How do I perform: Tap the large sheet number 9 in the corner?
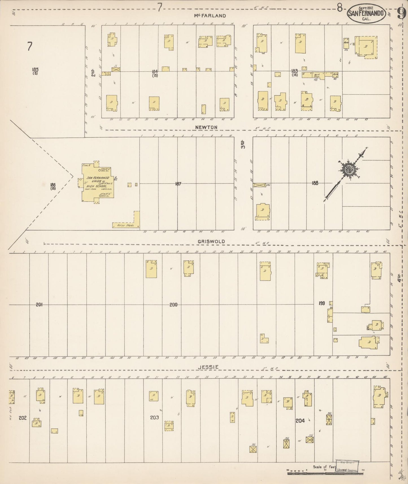[401, 13]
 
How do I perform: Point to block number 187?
[178, 184]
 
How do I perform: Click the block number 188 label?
[315, 183]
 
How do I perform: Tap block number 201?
[39, 304]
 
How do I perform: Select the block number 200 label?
[173, 305]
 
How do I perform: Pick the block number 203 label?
[154, 417]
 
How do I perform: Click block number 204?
[300, 420]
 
